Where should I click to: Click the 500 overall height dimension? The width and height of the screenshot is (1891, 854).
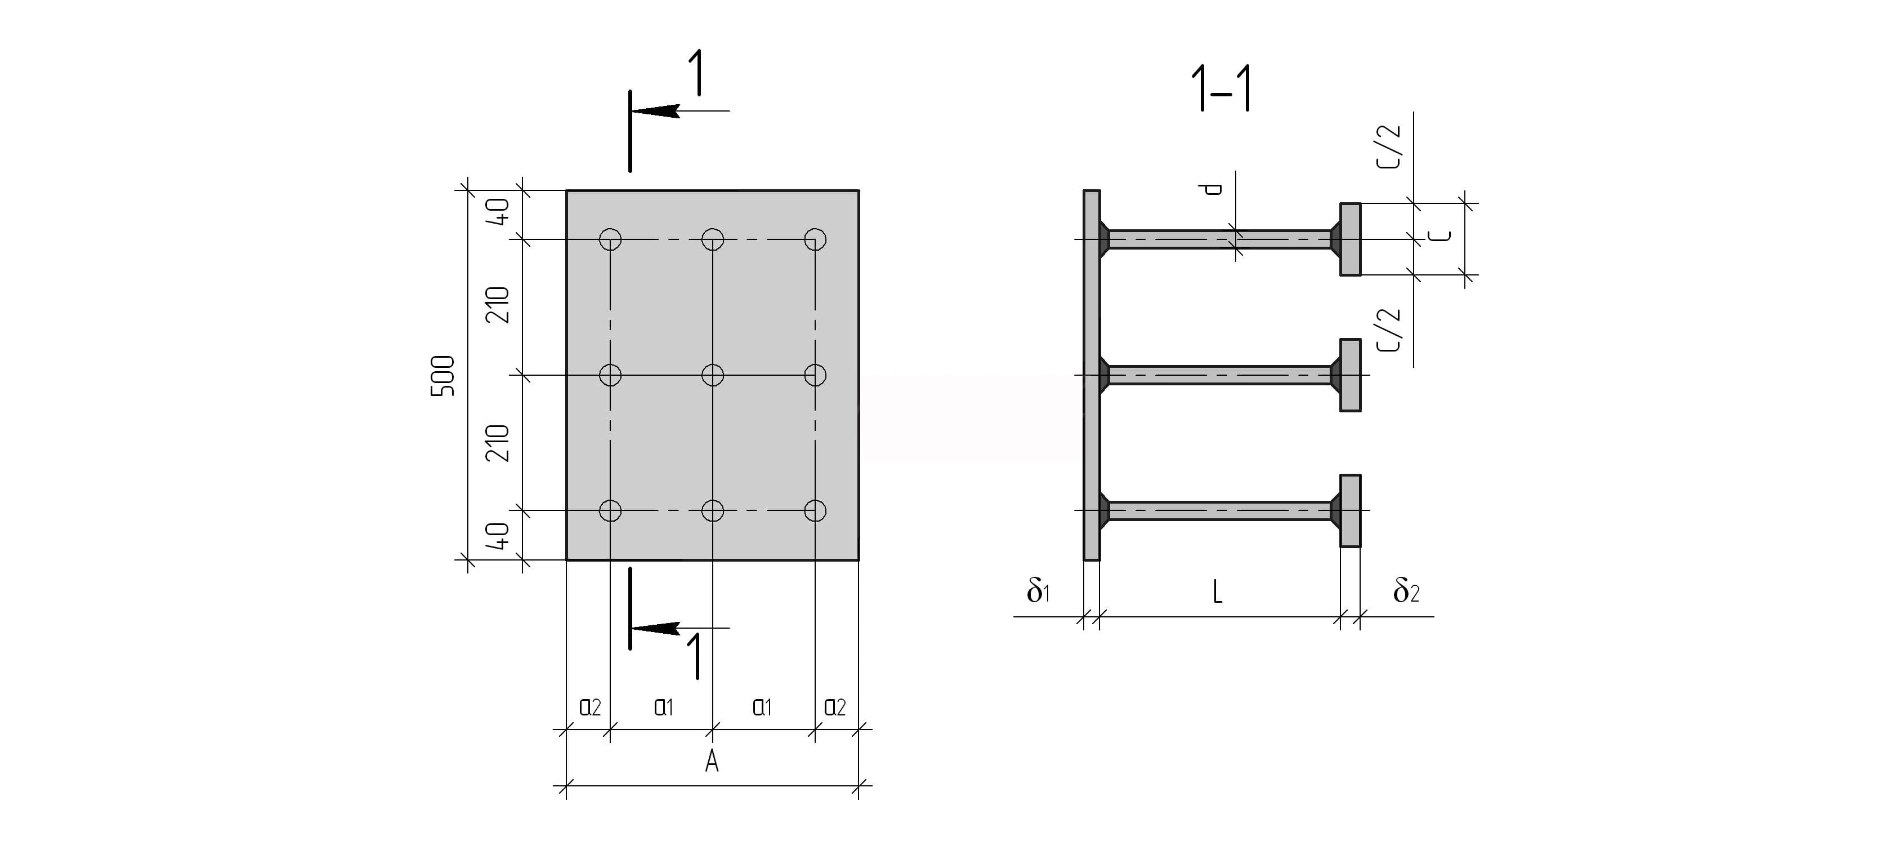[x=442, y=375]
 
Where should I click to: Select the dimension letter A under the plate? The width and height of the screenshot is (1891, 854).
[x=712, y=762]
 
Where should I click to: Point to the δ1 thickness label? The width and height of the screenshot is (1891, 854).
[x=1039, y=590]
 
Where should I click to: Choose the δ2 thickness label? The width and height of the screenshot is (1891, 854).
[x=1406, y=590]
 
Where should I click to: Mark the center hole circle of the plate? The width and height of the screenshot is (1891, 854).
[x=713, y=375]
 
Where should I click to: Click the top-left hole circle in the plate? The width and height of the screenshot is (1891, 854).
[x=610, y=239]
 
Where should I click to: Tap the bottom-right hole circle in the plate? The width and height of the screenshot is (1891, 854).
[x=815, y=510]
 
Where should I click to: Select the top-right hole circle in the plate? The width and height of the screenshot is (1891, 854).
[x=815, y=239]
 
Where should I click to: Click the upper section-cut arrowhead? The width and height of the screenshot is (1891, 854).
[x=654, y=111]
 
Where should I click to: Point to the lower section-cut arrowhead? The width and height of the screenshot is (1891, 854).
[x=654, y=628]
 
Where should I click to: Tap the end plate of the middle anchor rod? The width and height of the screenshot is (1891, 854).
[x=1350, y=375]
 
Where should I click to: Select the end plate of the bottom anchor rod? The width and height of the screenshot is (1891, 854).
[x=1350, y=510]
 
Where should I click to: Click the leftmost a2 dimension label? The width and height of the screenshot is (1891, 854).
[x=590, y=707]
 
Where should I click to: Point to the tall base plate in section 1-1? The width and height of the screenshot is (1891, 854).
[x=1092, y=375]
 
